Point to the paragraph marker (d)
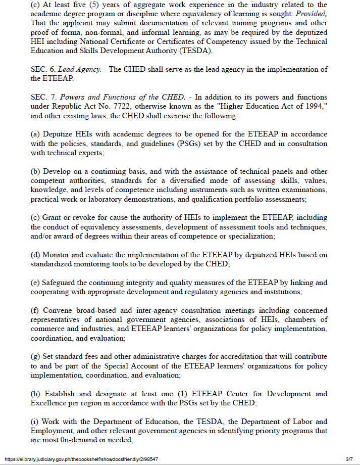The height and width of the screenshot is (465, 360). pos(35,254)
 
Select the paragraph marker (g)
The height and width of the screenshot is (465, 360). pos(35,356)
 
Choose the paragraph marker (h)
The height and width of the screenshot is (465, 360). pos(35,393)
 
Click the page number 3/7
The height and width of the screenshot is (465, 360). pos(349,459)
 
